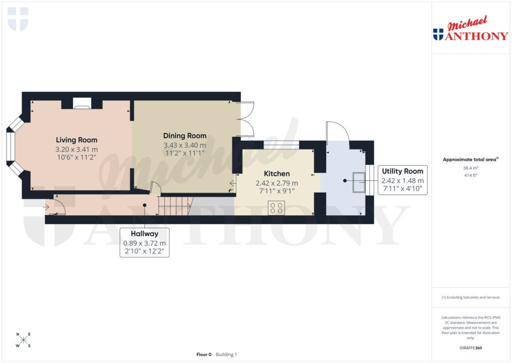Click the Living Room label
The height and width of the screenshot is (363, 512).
(x=76, y=140)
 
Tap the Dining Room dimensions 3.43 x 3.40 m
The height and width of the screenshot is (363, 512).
(x=184, y=145)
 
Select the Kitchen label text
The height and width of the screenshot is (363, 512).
(x=276, y=173)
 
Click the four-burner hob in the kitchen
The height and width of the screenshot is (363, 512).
(x=276, y=207)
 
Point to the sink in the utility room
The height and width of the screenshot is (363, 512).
(x=359, y=182)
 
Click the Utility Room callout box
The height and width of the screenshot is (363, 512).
(x=402, y=180)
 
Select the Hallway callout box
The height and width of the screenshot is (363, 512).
(x=144, y=242)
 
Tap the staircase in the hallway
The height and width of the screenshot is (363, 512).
(x=175, y=205)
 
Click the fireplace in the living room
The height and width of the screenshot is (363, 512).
(x=81, y=104)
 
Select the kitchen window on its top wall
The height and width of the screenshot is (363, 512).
(x=280, y=145)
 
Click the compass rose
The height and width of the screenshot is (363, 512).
(x=23, y=340)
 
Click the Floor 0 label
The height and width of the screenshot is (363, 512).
(x=204, y=354)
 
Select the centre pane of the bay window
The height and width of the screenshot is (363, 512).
(x=10, y=146)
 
